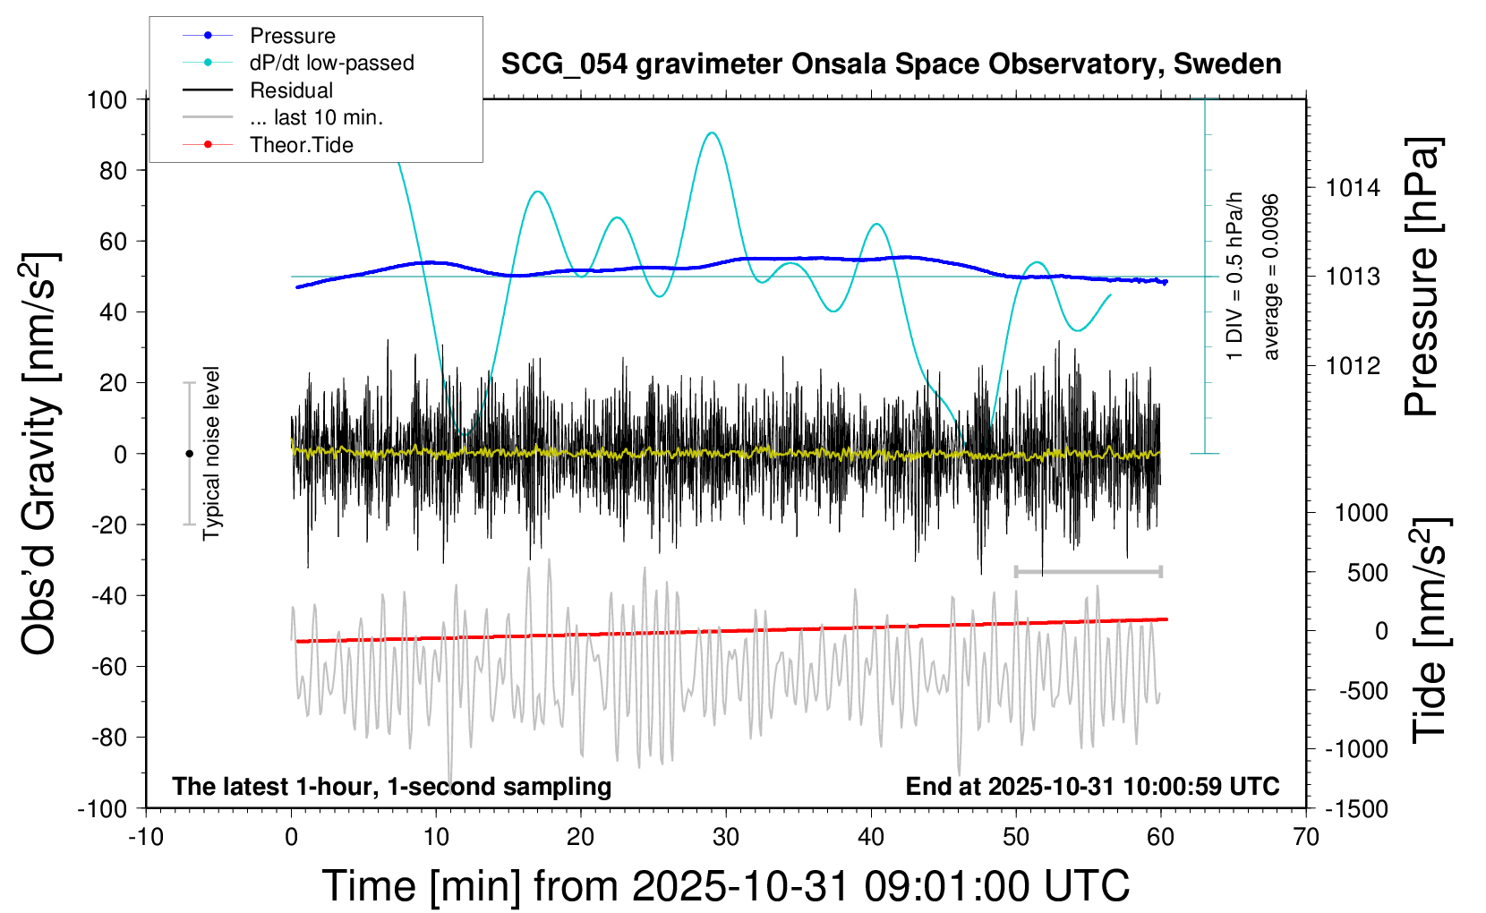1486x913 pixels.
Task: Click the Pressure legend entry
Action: click(292, 36)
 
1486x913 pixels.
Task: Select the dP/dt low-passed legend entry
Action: click(331, 63)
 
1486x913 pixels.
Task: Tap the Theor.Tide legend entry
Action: click(301, 145)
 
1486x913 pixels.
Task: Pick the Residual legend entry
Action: click(291, 90)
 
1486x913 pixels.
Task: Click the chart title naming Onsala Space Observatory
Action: click(891, 64)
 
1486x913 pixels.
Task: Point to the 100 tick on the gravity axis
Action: click(107, 99)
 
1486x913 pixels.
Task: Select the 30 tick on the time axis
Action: click(726, 837)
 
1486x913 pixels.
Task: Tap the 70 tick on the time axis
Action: click(1306, 837)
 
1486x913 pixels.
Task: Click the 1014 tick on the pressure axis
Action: click(1353, 188)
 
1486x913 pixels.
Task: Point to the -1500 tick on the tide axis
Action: click(1355, 808)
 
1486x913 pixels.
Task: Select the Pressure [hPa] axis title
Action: click(1422, 277)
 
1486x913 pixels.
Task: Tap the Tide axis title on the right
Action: click(1430, 630)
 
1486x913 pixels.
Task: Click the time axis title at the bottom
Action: click(725, 886)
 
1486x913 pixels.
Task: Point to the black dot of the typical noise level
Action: click(189, 454)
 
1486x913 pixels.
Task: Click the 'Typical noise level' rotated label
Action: click(211, 453)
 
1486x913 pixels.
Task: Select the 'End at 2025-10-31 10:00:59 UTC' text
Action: click(1092, 786)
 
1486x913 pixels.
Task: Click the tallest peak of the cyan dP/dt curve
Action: click(712, 132)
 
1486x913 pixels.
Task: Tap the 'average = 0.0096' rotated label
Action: click(1271, 277)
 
